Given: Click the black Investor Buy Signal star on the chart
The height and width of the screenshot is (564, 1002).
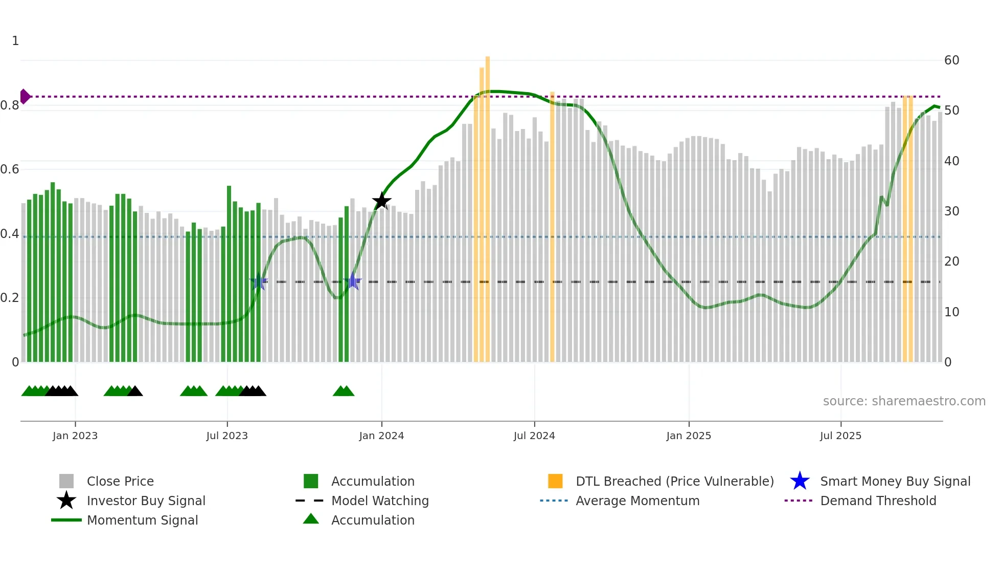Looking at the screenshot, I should [x=381, y=201].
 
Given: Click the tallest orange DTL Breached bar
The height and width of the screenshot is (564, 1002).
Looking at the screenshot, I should [x=488, y=205].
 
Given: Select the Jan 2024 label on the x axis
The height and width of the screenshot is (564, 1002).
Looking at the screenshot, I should [x=381, y=436].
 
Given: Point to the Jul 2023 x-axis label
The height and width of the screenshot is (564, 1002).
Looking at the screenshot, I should [x=227, y=436].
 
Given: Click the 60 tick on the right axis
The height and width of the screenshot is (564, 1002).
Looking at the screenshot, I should [x=951, y=60].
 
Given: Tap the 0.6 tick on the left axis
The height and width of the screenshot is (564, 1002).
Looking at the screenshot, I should [x=10, y=169].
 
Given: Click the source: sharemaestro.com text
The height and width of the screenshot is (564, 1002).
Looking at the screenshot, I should [x=904, y=401].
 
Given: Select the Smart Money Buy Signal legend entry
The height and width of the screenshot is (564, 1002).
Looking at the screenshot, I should [x=895, y=481].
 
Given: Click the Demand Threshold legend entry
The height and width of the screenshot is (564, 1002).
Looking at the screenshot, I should [x=878, y=501].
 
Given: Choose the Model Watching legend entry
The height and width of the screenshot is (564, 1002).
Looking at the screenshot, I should [x=379, y=501].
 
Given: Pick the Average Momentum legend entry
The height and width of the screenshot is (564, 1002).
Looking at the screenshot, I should [x=637, y=501].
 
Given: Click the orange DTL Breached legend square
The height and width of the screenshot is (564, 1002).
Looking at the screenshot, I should [x=555, y=481].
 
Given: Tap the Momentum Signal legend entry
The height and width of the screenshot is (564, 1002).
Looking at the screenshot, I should [x=142, y=520].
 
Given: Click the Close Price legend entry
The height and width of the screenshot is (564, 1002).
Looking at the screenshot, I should [x=120, y=481].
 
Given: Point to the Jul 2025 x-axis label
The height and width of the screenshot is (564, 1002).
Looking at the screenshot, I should [x=840, y=436].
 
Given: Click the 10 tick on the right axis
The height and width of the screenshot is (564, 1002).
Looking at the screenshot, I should [x=951, y=312].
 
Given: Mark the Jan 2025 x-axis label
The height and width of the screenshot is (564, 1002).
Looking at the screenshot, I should [x=688, y=436].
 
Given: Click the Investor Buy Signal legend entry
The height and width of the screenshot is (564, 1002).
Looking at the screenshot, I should [x=146, y=501].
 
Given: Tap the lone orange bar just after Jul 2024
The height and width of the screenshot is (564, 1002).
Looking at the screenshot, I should [x=552, y=230].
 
